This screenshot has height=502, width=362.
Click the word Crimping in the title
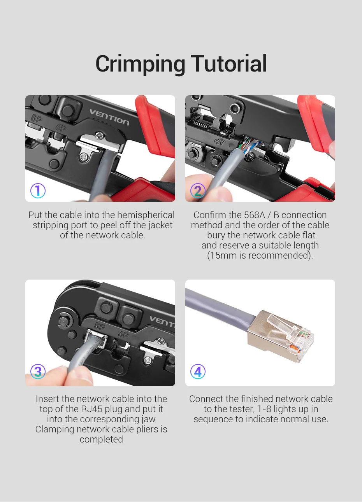(140, 64)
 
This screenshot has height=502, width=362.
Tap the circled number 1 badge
(38, 191)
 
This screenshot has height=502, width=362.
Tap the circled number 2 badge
(198, 191)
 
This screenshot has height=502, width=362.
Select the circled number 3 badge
(38, 371)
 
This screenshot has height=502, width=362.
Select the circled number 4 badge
(198, 371)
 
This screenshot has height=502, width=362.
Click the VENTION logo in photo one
(109, 117)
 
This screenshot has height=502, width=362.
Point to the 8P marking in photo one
(37, 118)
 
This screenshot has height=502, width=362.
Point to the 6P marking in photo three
(123, 334)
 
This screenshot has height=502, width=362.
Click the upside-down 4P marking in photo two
(220, 141)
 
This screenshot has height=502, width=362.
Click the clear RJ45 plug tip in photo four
(292, 334)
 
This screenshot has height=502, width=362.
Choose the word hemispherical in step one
(146, 215)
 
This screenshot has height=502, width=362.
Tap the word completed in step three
(101, 440)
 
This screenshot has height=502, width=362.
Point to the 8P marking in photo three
(99, 326)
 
